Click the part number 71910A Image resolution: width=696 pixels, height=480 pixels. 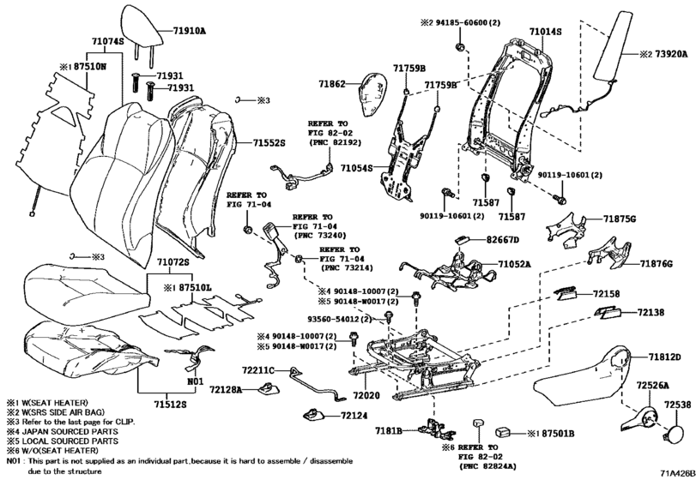pyautogui.click(x=189, y=29)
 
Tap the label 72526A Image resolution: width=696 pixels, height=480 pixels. pyautogui.click(x=656, y=387)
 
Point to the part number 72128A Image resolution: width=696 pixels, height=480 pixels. pyautogui.click(x=231, y=390)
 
